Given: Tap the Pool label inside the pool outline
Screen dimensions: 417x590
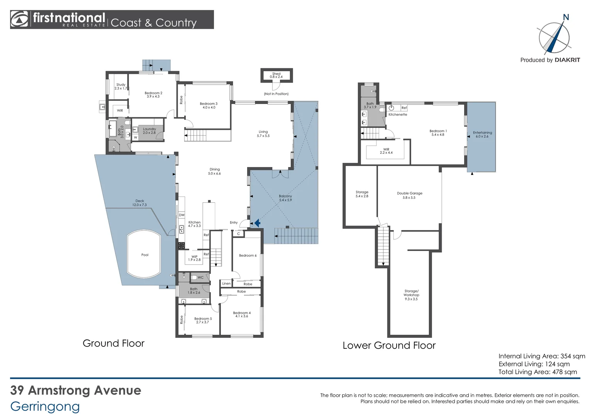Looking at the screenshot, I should pos(145,255).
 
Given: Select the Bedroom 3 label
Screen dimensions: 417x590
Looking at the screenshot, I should pos(209,105).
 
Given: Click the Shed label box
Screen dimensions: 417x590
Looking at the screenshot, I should pos(276,75).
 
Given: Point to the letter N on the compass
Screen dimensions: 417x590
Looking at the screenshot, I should pos(566,17).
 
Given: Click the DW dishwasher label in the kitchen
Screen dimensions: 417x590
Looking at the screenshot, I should pos(181,215).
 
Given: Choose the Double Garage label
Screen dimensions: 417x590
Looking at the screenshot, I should pos(409,195).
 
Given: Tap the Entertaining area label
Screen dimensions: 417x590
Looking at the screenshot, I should pos(482,134).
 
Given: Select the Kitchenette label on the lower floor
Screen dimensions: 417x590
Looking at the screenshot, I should pos(398,115).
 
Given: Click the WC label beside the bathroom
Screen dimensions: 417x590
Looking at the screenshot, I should pos(200,278).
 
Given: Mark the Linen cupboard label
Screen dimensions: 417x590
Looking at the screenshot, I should pos(226,283).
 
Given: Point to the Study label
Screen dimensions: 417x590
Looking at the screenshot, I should pos(121,86).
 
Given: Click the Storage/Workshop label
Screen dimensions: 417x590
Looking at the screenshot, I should pos(411,295).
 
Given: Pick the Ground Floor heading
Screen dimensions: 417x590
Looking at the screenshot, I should pos(114,343).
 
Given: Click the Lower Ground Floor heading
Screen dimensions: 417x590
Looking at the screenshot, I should pos(389,346).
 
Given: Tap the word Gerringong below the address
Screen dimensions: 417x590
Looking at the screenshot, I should pos(45,406).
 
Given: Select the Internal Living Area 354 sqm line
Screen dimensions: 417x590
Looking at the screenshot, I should pos(541,356).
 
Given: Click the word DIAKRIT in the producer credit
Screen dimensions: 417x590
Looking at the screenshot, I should pos(567,60).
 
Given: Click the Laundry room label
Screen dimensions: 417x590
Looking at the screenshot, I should pos(149,131).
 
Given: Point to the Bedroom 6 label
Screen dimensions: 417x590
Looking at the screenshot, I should pos(248,256).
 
